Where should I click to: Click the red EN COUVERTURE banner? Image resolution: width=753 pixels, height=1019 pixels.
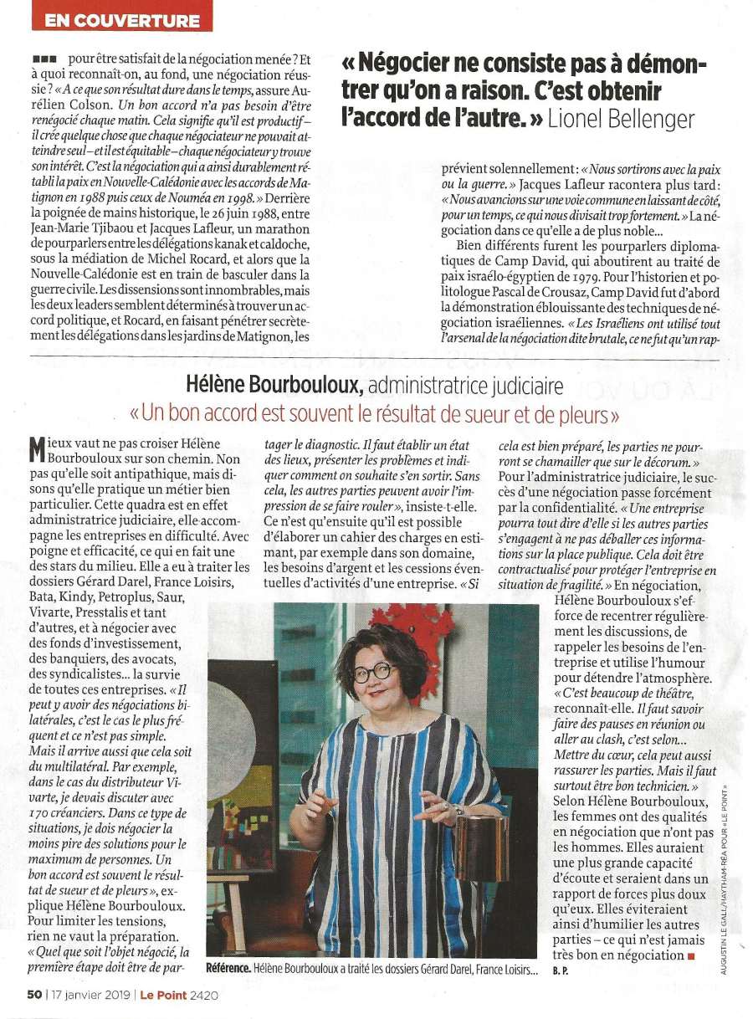123,21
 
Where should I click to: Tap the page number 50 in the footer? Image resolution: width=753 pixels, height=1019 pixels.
33,995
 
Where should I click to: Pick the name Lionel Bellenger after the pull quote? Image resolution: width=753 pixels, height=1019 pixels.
621,118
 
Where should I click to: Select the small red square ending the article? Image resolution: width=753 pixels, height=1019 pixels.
691,955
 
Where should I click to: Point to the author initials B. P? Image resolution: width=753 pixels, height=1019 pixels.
561,972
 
